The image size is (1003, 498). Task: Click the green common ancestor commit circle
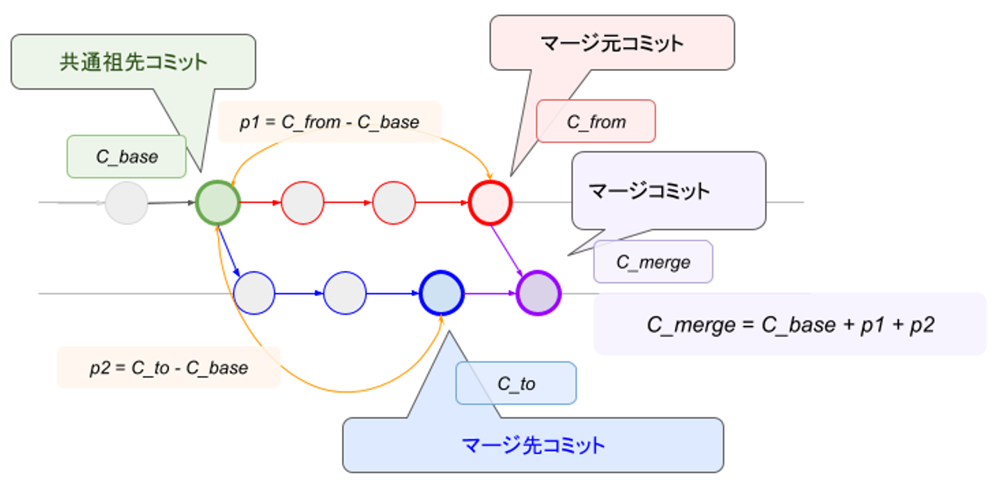(217, 203)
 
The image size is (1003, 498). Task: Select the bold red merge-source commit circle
(490, 203)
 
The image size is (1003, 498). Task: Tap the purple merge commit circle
(538, 293)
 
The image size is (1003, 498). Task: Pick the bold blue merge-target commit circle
(442, 293)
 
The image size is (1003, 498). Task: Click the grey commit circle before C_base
(127, 203)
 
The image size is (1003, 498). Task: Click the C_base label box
(127, 157)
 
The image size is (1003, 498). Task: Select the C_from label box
(596, 122)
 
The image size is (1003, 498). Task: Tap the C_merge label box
(653, 262)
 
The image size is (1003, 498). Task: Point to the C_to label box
(516, 383)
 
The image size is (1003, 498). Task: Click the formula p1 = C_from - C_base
(329, 123)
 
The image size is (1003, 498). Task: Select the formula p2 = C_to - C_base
(169, 368)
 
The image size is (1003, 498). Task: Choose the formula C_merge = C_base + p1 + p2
(790, 325)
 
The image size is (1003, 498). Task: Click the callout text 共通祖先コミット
(133, 62)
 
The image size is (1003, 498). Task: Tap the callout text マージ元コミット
(612, 43)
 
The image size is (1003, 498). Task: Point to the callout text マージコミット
(648, 190)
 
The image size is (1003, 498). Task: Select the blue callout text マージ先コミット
(533, 445)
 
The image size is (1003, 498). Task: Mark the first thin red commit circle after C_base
(302, 203)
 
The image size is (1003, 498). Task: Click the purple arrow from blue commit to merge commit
(490, 293)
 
